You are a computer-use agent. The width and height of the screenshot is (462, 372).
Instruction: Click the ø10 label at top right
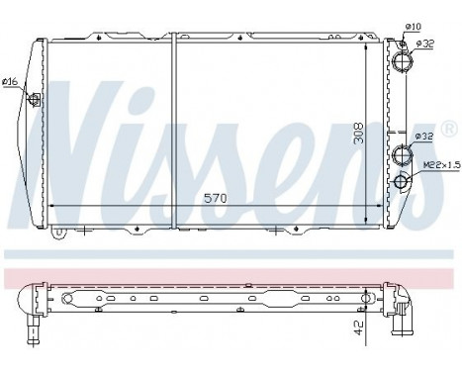[415, 25]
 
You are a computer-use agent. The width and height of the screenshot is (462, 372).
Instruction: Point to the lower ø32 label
[423, 136]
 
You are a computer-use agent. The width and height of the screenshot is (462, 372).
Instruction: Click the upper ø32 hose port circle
[403, 59]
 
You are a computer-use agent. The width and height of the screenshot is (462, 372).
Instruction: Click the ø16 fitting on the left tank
[36, 98]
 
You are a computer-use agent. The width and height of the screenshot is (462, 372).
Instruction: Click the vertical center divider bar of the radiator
[172, 129]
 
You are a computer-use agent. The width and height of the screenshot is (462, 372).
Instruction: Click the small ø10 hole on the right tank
[402, 41]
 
